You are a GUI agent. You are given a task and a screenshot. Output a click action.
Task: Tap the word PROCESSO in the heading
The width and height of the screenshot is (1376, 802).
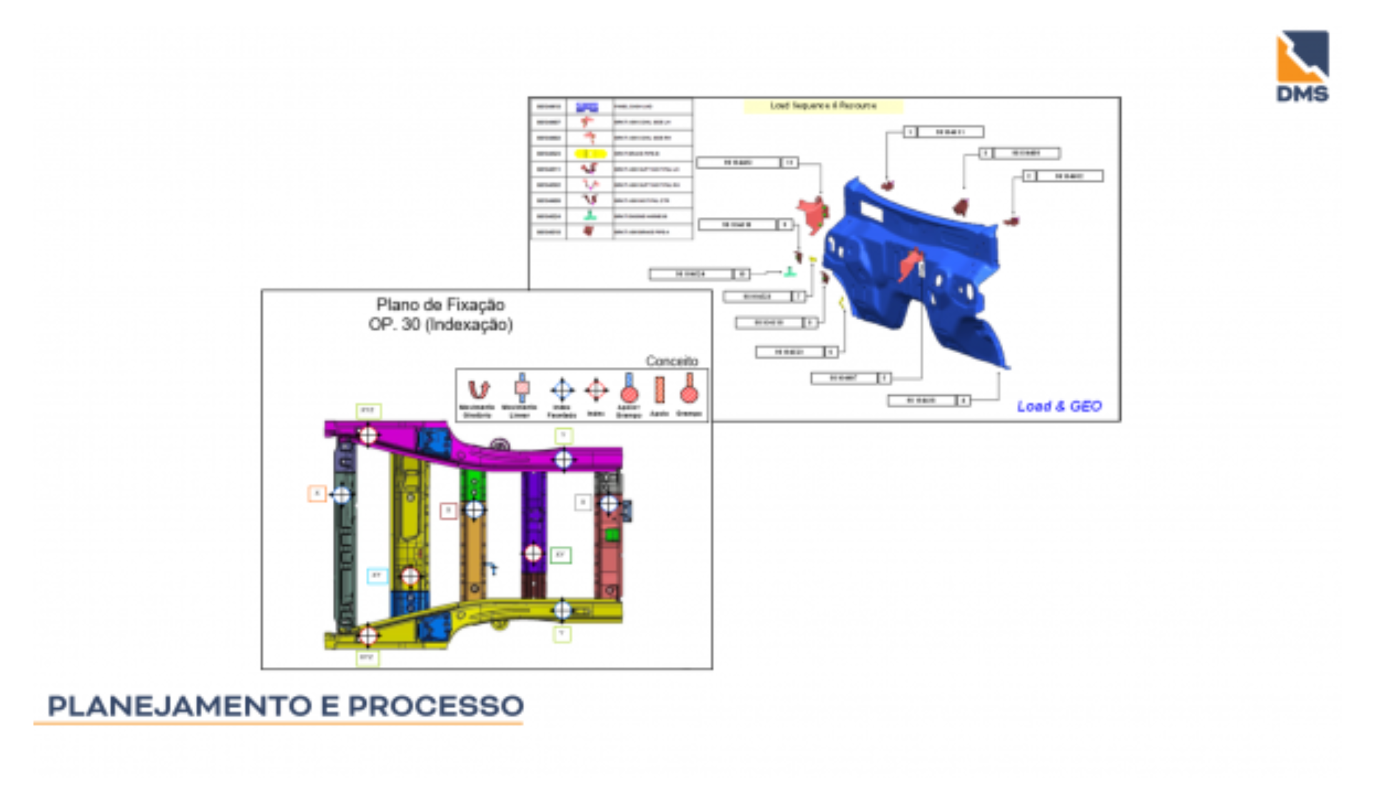pos(435,706)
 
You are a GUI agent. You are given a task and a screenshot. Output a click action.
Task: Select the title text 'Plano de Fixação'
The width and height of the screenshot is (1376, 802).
pos(440,305)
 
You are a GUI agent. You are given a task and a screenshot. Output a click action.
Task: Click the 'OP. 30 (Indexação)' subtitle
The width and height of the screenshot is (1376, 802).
pos(440,324)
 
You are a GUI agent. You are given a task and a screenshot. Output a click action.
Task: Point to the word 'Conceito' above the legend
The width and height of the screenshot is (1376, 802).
pos(672,361)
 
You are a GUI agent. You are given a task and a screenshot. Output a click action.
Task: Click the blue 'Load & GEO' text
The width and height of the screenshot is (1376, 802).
pos(1059,406)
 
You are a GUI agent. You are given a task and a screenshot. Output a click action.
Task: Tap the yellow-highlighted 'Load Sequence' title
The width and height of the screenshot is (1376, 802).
pos(822,106)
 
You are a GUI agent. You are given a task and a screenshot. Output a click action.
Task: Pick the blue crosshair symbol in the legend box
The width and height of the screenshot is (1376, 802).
pos(562,390)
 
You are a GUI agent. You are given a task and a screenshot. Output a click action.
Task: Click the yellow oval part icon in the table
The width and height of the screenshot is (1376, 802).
pos(590,153)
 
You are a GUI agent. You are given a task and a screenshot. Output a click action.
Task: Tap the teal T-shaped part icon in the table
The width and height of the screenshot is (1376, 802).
pos(589,216)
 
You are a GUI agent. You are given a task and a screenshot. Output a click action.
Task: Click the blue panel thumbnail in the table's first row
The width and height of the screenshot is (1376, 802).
pos(587,107)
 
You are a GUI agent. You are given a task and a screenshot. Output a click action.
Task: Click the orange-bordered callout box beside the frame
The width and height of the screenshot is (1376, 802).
pos(316,494)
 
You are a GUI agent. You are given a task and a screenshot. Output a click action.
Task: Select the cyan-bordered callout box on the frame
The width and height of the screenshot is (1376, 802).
pos(377,575)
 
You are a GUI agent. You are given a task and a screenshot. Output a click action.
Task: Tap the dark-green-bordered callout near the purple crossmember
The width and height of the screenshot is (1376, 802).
pos(560,555)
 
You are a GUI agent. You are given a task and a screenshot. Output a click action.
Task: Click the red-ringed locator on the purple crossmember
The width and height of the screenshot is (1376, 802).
pos(533,553)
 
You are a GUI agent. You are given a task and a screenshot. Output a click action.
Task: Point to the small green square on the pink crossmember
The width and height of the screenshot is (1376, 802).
pos(612,534)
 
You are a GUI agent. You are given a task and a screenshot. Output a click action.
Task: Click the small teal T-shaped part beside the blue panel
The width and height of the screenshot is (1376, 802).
pos(790,271)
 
